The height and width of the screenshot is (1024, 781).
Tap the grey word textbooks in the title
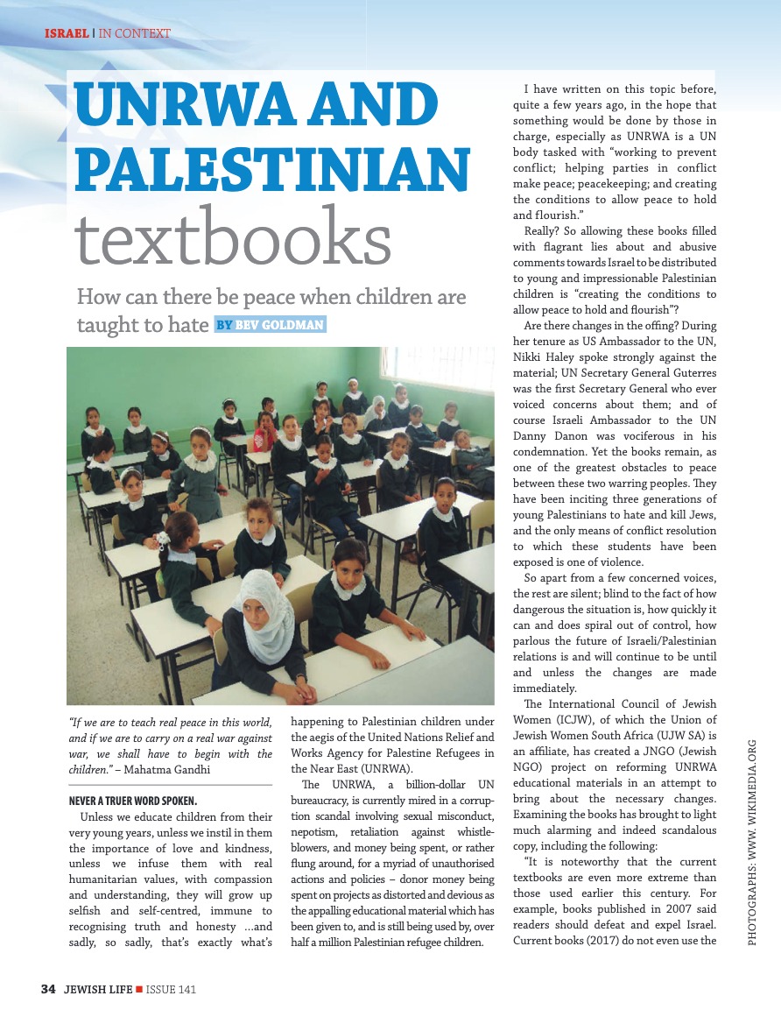[x=232, y=236]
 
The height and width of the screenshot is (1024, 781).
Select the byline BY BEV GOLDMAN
[x=270, y=325]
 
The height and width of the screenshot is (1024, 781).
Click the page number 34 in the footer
[x=49, y=989]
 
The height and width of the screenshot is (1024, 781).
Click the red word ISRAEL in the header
[x=67, y=33]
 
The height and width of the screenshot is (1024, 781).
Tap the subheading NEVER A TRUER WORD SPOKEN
[x=133, y=801]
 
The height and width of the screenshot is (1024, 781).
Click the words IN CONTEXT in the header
[x=135, y=33]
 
